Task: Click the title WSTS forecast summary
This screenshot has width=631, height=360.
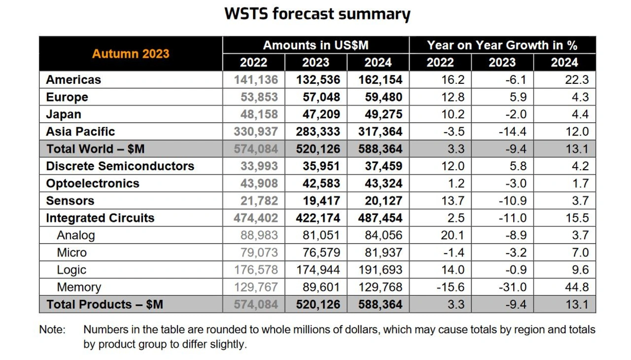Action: [x=317, y=14]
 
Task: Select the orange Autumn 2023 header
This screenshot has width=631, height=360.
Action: [x=131, y=54]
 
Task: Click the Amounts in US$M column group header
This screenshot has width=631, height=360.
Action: [x=315, y=45]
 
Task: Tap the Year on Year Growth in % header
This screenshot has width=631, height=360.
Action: [x=502, y=45]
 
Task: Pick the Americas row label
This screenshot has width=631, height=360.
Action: [x=73, y=80]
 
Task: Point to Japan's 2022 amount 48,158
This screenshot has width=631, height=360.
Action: [x=259, y=114]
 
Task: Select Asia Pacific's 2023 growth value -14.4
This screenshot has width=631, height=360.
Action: [x=513, y=132]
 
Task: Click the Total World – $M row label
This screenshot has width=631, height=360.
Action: [x=95, y=149]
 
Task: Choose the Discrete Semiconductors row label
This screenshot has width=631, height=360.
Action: [x=120, y=166]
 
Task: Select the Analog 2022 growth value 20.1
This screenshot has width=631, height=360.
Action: [x=453, y=235]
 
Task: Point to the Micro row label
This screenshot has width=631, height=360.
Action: [x=71, y=252]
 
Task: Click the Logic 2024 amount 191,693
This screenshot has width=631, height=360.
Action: [x=380, y=270]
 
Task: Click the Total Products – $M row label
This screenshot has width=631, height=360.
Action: [x=105, y=304]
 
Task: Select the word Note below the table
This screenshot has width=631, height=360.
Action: [x=51, y=329]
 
